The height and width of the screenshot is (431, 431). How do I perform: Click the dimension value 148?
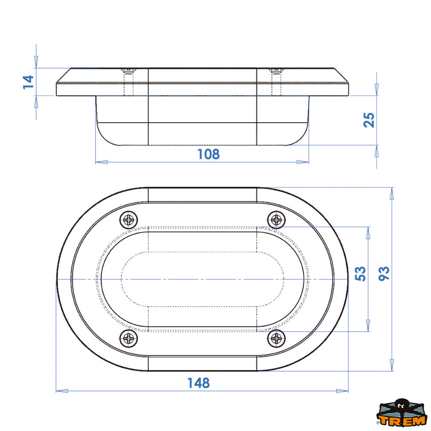[x=198, y=383]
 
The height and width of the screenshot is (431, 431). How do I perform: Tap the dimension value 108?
[x=208, y=154]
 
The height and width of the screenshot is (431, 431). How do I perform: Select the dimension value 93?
[x=384, y=274]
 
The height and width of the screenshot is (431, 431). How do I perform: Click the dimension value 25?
[x=369, y=120]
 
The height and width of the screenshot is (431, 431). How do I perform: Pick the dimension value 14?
[x=28, y=82]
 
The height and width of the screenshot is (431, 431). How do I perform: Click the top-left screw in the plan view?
[x=129, y=220]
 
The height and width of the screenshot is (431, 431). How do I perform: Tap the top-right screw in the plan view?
[x=277, y=219]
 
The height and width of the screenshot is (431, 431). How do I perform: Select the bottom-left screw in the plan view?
[x=129, y=338]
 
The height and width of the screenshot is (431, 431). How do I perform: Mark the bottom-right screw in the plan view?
[x=277, y=338]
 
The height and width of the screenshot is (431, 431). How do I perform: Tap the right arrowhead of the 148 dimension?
[x=343, y=391]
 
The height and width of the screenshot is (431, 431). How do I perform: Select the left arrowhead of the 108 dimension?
[x=101, y=162]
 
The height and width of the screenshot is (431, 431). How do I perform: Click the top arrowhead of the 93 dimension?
[x=392, y=193]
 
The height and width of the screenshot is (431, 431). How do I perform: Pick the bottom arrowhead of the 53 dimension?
[x=368, y=325]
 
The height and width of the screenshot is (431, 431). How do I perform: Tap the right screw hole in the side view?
[x=276, y=82]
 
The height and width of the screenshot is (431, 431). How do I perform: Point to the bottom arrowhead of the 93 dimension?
[x=392, y=365]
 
